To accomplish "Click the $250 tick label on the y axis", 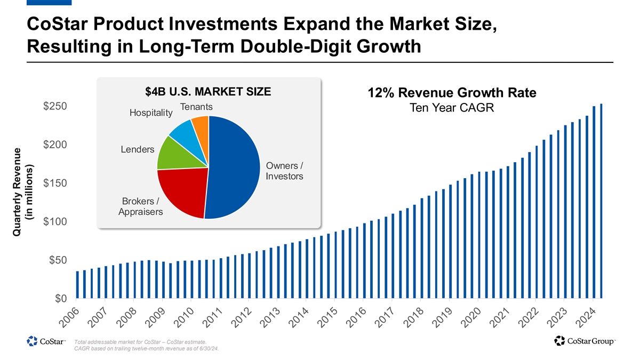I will (x=54, y=106).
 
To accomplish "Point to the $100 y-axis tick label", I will (x=54, y=221).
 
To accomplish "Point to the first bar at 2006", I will (x=77, y=285).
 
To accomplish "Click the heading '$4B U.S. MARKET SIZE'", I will (x=208, y=92).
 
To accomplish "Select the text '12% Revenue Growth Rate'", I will (x=452, y=93).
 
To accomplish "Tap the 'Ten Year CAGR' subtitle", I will (x=452, y=108).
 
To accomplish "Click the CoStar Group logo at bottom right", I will (x=585, y=340).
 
